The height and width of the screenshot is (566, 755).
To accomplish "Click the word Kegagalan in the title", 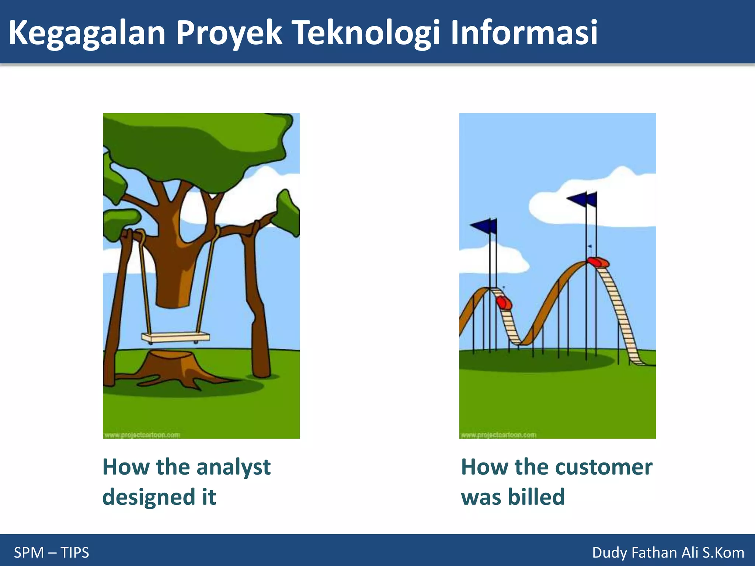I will (87, 33).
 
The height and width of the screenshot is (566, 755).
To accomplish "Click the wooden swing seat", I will (175, 337).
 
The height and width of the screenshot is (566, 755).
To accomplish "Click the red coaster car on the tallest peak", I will (598, 262).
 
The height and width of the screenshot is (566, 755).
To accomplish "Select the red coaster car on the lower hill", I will (504, 303).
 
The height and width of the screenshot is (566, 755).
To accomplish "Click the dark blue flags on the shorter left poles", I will (484, 226).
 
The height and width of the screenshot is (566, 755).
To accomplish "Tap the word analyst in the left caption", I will (233, 467).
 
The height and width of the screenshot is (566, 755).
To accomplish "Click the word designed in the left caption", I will (149, 497).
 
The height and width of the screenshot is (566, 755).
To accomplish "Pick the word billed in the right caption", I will (536, 497).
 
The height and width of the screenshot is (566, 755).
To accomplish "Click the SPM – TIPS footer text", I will (51, 552).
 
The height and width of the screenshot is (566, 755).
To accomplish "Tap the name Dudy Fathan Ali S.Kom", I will (668, 552).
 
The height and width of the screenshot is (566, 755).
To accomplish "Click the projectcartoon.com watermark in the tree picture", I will (142, 435).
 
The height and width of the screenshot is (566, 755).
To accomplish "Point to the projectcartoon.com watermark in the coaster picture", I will (498, 435).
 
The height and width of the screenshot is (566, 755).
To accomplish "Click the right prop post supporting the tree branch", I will (257, 306).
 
